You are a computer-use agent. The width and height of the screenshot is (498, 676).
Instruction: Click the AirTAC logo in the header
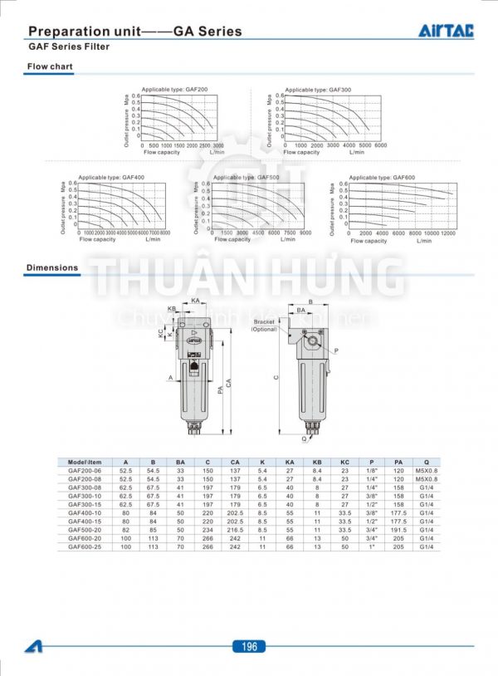click(x=445, y=31)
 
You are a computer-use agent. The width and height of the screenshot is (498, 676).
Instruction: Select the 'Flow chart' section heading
click(x=50, y=66)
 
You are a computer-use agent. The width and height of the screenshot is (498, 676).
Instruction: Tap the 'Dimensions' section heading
click(x=52, y=268)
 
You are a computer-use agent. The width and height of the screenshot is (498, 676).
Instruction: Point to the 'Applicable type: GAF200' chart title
click(x=174, y=89)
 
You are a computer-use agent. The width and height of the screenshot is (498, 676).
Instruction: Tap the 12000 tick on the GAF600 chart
click(x=447, y=234)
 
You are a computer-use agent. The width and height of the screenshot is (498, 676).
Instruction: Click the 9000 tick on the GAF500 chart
click(x=305, y=234)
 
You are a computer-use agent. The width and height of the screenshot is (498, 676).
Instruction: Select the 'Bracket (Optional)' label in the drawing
click(x=264, y=325)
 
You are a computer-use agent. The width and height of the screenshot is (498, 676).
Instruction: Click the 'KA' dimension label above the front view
click(x=195, y=300)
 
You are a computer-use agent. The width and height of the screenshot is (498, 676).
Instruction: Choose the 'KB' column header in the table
click(x=317, y=463)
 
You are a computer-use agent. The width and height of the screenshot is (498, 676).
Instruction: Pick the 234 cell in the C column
click(x=207, y=529)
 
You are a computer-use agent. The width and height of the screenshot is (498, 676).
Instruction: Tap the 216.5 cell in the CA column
click(x=235, y=529)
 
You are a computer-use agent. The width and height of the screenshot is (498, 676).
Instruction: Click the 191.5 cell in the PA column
click(x=398, y=529)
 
